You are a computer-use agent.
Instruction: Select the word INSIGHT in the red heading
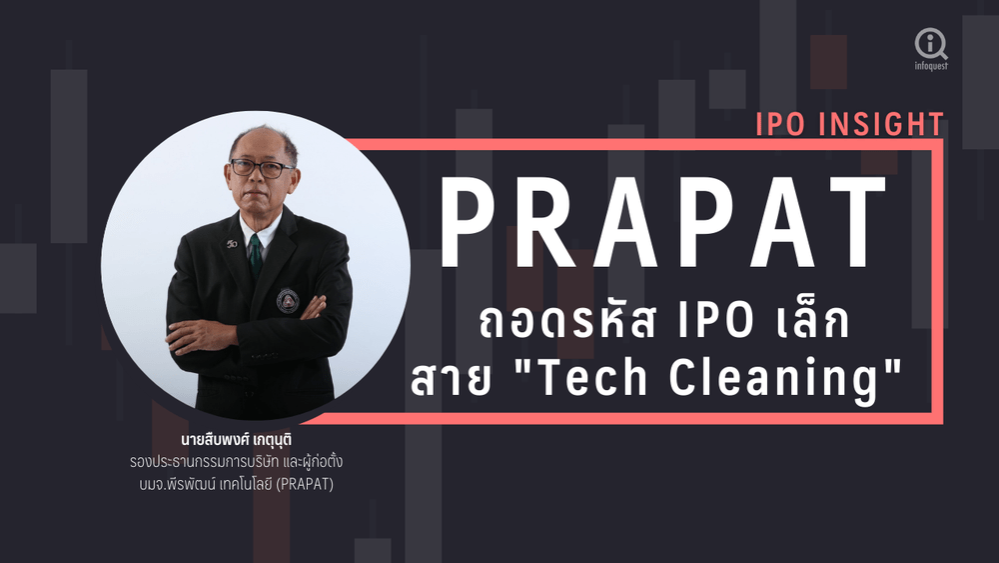pos(882,124)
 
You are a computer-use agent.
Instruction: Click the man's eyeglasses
pos(262,169)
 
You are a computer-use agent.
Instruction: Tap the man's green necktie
pos(256,255)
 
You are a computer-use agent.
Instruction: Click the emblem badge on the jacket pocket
pos(288,300)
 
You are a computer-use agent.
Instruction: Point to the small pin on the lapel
pos(232,244)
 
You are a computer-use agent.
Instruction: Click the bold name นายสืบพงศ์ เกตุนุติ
pos(237,440)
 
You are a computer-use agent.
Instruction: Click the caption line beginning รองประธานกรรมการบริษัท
pos(237,462)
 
